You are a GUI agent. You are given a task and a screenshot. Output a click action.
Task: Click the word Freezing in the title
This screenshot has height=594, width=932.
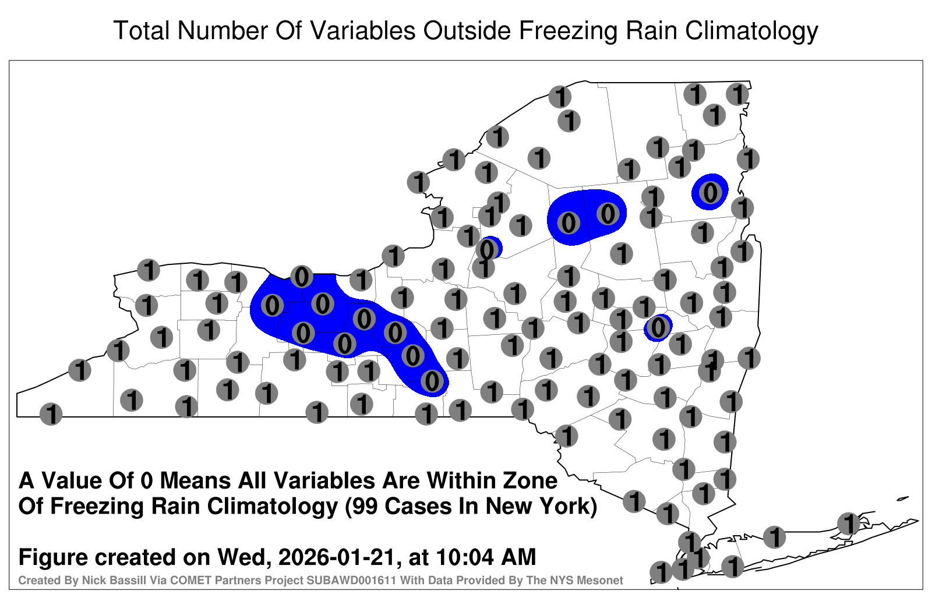point(564,31)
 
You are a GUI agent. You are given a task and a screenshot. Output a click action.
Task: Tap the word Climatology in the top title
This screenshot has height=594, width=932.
point(751,31)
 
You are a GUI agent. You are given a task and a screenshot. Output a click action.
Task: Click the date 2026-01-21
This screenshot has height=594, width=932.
point(337,557)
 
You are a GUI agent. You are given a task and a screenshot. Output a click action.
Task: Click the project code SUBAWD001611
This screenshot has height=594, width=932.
point(351,580)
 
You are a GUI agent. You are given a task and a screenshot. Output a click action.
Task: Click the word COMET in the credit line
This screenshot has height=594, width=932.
point(190,580)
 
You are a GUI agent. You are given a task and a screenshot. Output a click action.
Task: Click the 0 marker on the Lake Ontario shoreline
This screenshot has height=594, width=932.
point(302,277)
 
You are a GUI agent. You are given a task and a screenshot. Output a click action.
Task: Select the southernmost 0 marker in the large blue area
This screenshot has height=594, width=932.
point(432,381)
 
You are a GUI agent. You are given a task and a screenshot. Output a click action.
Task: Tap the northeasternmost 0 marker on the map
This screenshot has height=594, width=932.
point(710,192)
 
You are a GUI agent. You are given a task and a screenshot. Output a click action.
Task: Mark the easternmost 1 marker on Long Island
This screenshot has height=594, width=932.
point(848,524)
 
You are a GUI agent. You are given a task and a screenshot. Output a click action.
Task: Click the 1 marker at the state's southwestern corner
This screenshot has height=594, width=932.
point(51,414)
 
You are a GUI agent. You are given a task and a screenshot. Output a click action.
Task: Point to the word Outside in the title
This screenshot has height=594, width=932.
point(467,31)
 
